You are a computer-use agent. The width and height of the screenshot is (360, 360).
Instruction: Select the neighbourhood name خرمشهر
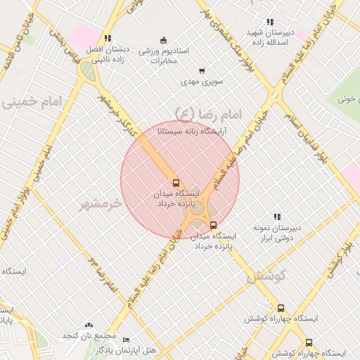coord(100,204)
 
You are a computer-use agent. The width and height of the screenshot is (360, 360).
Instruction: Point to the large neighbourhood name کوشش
coord(266,276)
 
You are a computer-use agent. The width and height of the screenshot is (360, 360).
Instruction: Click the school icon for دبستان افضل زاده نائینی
coord(107,39)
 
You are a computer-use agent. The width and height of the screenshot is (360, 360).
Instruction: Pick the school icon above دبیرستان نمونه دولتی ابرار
coord(277,217)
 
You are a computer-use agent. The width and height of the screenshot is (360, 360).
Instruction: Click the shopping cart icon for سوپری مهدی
coord(202,71)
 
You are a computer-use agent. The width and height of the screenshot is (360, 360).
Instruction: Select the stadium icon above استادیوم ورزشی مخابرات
coord(164,39)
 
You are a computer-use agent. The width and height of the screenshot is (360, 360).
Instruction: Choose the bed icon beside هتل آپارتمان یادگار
coord(126,340)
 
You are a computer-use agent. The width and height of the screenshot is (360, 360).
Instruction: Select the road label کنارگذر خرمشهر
coord(116,112)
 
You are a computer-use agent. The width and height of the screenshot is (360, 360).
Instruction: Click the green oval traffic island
coord(86,70)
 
